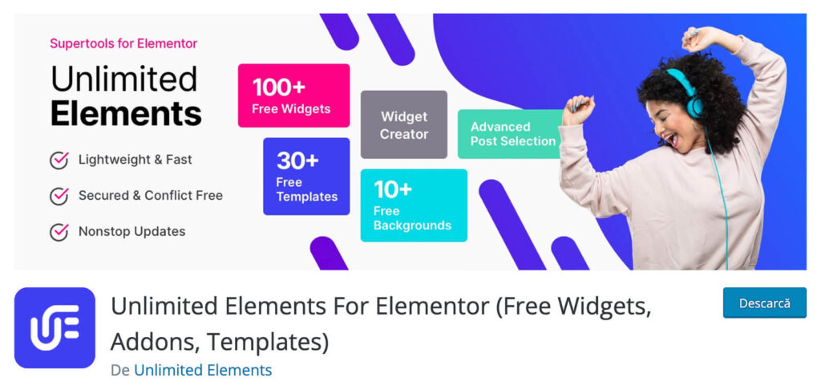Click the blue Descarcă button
coord(764,303)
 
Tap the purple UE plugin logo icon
coord(55,327)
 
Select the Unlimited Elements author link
coord(203,370)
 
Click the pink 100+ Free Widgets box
coord(293,95)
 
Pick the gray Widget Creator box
coord(403,125)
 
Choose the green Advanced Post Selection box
coord(511,134)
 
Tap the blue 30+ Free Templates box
coord(306,177)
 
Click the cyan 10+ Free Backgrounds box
coord(413,205)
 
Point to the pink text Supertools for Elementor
coord(123,43)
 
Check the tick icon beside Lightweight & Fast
coord(59,160)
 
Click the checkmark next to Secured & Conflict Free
coord(59,196)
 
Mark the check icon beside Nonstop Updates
coord(59,232)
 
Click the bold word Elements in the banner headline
coord(126,113)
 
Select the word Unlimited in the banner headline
coord(123,79)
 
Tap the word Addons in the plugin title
coord(153,342)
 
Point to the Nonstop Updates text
coord(131,232)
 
